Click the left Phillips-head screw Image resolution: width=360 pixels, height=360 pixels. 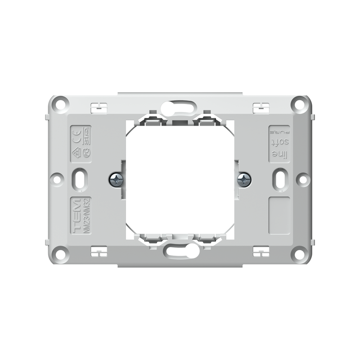[x=116, y=180]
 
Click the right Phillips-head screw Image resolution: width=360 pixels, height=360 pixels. [x=244, y=180]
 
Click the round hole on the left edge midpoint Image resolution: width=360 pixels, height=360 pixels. [x=57, y=180]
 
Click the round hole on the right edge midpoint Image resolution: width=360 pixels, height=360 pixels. [x=303, y=180]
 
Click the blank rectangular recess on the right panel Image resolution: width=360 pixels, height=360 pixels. [x=279, y=216]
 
